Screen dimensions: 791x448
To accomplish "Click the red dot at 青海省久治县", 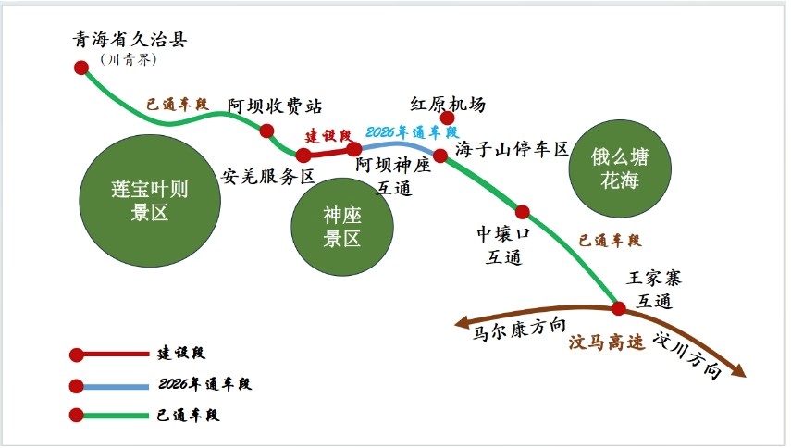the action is pyautogui.click(x=81, y=68).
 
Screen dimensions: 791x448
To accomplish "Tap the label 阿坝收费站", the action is pyautogui.click(x=275, y=106).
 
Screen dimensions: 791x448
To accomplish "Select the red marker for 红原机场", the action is pyautogui.click(x=447, y=118).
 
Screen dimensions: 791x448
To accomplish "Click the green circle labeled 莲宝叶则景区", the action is pyautogui.click(x=150, y=200).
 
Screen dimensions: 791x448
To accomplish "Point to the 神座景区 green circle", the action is pyautogui.click(x=342, y=227).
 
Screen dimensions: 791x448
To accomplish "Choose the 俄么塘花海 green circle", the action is pyautogui.click(x=620, y=168).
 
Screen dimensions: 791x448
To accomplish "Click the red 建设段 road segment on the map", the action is pyautogui.click(x=329, y=152).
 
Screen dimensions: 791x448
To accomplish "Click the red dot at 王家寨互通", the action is pyautogui.click(x=619, y=307).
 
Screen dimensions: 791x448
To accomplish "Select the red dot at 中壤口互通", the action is pyautogui.click(x=522, y=212).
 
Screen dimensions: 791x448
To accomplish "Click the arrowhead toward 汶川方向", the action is pyautogui.click(x=738, y=371).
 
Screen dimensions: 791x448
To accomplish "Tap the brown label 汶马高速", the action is pyautogui.click(x=607, y=342).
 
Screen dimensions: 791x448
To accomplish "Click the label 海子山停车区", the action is pyautogui.click(x=512, y=149).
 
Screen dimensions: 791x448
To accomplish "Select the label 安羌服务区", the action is pyautogui.click(x=268, y=176).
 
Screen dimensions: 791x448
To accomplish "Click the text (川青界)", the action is pyautogui.click(x=129, y=59).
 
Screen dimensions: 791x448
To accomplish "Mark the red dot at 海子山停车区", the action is pyautogui.click(x=440, y=156).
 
